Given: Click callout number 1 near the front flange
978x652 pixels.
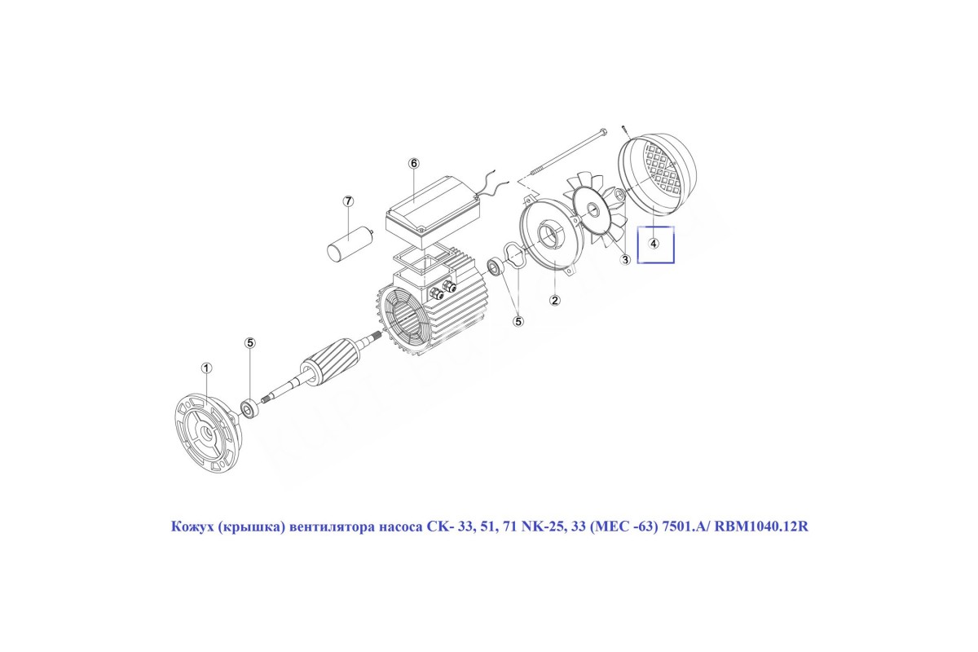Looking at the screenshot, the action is click(x=206, y=368).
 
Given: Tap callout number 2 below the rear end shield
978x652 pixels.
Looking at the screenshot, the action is click(x=554, y=300).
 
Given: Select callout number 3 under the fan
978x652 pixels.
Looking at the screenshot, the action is click(x=625, y=260).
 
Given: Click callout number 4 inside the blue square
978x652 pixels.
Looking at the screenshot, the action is click(x=653, y=243).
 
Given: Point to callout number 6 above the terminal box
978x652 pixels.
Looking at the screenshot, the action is click(x=413, y=163).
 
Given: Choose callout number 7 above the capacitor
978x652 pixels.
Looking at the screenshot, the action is click(x=347, y=201).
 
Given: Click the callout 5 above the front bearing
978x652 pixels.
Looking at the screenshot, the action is click(x=249, y=343).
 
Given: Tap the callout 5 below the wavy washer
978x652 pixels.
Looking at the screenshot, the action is click(x=518, y=321).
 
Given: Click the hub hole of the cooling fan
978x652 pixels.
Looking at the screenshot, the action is click(x=593, y=209).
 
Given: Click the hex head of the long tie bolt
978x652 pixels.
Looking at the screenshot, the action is click(x=602, y=131).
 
